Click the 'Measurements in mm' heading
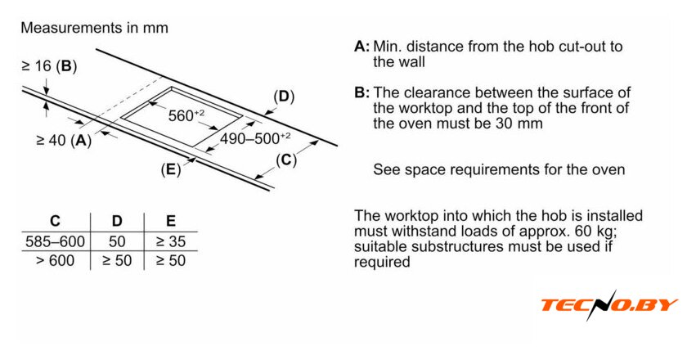pos(94,28)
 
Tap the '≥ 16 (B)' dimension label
pos(49,66)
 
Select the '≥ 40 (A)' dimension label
pos(64,140)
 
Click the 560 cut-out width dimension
pos(186,115)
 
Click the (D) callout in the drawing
pos(283,97)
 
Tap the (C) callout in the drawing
pos(285,160)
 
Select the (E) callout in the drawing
pos(170,170)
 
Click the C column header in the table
pos(55,221)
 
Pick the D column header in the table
pos(117,221)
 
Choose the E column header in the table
pos(170,221)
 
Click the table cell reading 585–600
pos(55,242)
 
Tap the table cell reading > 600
pos(55,261)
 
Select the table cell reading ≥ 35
pos(170,242)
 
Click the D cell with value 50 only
pos(117,242)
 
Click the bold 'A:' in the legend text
pos(362,47)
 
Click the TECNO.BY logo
pos(608,305)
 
